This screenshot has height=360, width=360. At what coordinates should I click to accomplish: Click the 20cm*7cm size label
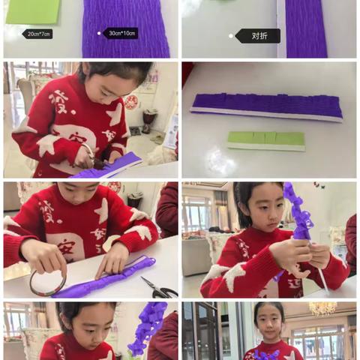click(37, 34)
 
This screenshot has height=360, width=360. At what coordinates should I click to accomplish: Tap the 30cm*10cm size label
click(121, 33)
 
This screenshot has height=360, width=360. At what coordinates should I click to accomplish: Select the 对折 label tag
click(259, 35)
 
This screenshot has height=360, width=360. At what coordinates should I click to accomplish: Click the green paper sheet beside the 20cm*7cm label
click(33, 10)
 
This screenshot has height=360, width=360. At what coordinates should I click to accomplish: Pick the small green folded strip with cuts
click(266, 139)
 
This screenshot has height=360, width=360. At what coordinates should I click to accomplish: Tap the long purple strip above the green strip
click(266, 106)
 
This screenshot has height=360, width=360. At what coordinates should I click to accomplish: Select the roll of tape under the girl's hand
click(47, 283)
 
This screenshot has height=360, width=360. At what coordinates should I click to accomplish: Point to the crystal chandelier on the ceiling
click(322, 308)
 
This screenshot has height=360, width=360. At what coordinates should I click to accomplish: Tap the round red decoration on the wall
click(131, 101)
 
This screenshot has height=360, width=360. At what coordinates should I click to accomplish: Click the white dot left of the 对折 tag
click(231, 35)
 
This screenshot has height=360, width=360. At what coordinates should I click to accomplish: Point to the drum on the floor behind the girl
click(149, 118)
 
